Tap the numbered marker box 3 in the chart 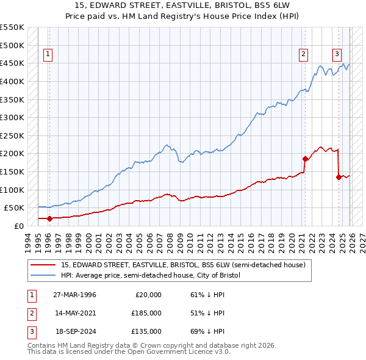pos(337,54)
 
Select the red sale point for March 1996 pos(49,218)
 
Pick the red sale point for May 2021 pos(305,159)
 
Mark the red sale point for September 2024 pos(339,177)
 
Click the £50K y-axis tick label pos(14,208)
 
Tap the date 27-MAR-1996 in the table pos(74,295)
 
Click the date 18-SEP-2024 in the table pos(74,331)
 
